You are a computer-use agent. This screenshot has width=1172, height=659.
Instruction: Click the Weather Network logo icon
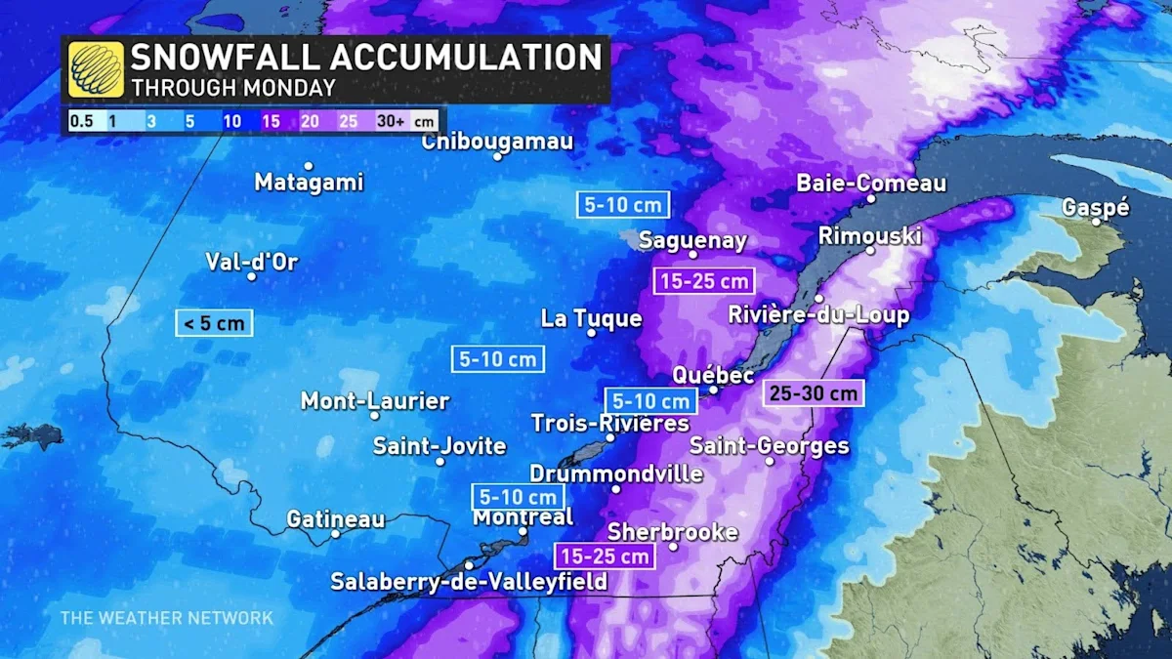pyautogui.click(x=96, y=69)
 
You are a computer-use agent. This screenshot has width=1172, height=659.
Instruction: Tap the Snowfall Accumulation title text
pyautogui.click(x=366, y=57)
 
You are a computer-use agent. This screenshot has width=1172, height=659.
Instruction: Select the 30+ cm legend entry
pyautogui.click(x=404, y=121)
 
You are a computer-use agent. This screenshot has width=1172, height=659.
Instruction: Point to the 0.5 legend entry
pyautogui.click(x=81, y=121)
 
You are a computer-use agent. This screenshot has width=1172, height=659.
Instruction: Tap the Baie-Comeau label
pyautogui.click(x=871, y=184)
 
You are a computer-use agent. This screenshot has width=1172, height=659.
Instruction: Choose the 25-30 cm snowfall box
pyautogui.click(x=814, y=392)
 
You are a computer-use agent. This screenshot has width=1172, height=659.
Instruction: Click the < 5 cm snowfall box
pyautogui.click(x=214, y=323)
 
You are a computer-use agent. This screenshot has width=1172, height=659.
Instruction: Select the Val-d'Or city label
pyautogui.click(x=251, y=262)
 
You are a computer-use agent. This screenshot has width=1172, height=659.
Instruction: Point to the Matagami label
pyautogui.click(x=309, y=182)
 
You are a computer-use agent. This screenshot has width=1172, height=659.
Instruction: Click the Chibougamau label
pyautogui.click(x=497, y=143)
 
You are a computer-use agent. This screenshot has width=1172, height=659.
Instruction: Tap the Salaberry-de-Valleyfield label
pyautogui.click(x=469, y=582)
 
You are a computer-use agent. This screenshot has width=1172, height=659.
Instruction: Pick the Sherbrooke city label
pyautogui.click(x=673, y=532)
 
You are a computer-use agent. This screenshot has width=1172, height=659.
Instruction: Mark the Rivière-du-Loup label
pyautogui.click(x=818, y=315)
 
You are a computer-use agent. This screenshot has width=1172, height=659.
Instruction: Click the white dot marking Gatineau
pyautogui.click(x=335, y=533)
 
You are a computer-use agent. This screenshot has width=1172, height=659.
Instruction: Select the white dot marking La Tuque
pyautogui.click(x=592, y=333)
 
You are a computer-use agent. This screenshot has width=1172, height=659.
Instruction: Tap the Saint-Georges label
pyautogui.click(x=770, y=446)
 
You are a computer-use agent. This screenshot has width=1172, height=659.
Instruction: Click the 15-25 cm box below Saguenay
pyautogui.click(x=703, y=281)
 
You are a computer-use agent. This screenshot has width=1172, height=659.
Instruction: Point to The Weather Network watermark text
pyautogui.click(x=167, y=617)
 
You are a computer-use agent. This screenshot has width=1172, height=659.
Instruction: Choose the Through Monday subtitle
pyautogui.click(x=233, y=87)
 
